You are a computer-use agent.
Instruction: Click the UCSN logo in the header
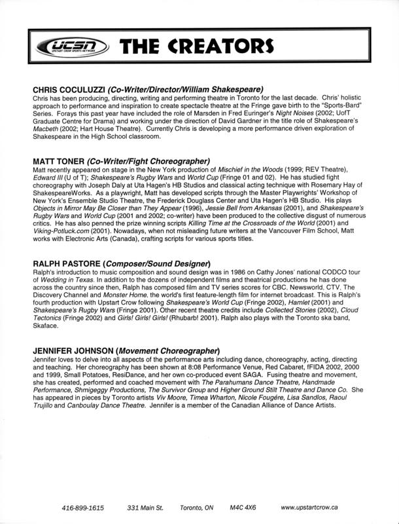click(x=67, y=47)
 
